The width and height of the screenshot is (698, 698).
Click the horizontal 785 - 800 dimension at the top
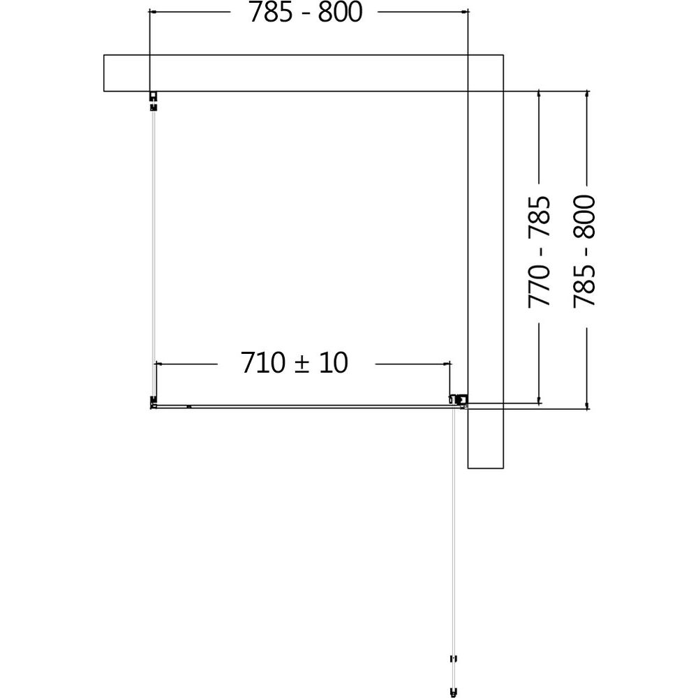coord(306,12)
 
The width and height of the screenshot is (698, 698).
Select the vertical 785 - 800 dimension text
coord(584,251)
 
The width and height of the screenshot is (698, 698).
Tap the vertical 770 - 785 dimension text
coord(539,251)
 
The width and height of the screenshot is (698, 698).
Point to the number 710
coord(262,362)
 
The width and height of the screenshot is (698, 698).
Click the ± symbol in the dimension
coord(302,364)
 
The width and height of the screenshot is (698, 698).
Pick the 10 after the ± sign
coord(333,362)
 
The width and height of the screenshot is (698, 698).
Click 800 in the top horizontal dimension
coord(341,12)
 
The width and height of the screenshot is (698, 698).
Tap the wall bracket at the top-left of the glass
coord(153,101)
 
